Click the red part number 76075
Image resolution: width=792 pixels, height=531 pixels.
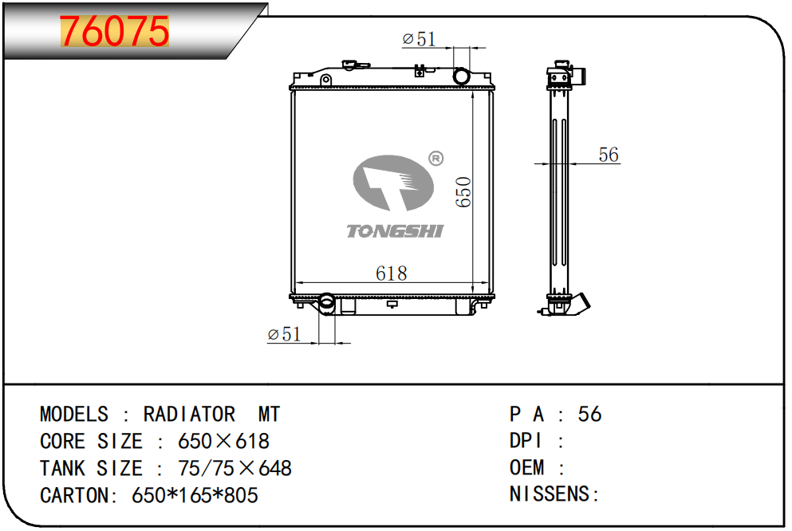pos(114,31)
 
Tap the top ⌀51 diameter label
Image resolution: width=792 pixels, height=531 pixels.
pos(420,39)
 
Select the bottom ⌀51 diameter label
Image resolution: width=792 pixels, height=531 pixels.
pos(284,333)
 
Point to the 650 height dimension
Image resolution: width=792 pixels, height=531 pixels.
pos(463,192)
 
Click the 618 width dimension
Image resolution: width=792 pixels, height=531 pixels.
pos(392,273)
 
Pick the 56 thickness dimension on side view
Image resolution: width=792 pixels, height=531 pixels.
pos(609,155)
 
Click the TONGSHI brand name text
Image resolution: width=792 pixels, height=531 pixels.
pos(395,230)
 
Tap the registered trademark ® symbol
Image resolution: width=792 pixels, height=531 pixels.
pos(436,159)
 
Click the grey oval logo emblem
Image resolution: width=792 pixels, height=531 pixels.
pos(393,183)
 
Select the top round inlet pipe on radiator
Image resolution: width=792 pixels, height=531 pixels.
pos(461,77)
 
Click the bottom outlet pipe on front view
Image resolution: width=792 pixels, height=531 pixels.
pos(327,303)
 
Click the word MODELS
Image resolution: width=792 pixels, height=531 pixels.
pos(74,415)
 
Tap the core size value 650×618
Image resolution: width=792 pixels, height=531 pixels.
pos(224,441)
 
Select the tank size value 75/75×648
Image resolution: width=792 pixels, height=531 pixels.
pos(234,468)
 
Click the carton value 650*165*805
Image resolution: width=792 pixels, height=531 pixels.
pos(195,495)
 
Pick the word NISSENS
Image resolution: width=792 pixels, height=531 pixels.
pos(549,494)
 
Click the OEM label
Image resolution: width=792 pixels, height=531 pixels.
pos(527,467)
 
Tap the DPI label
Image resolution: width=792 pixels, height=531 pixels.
pos(526,441)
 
